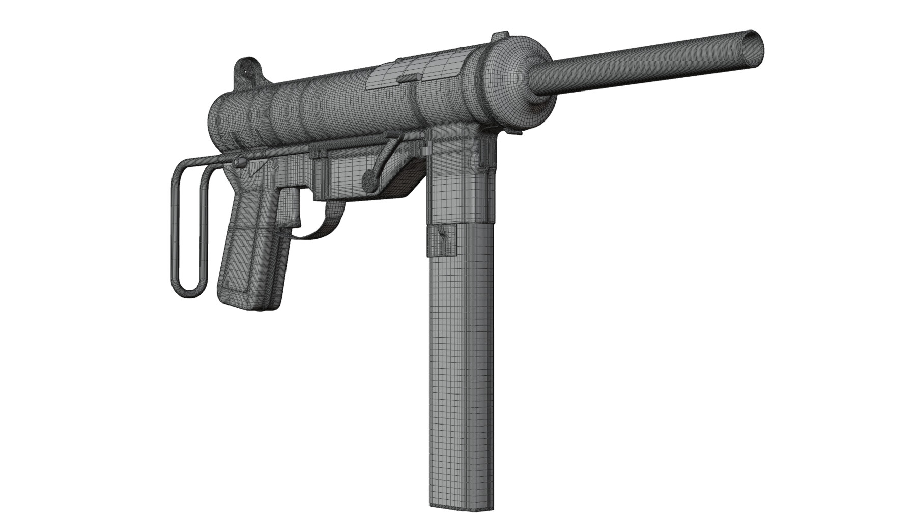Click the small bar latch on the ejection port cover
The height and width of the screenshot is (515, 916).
[x=410, y=77]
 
